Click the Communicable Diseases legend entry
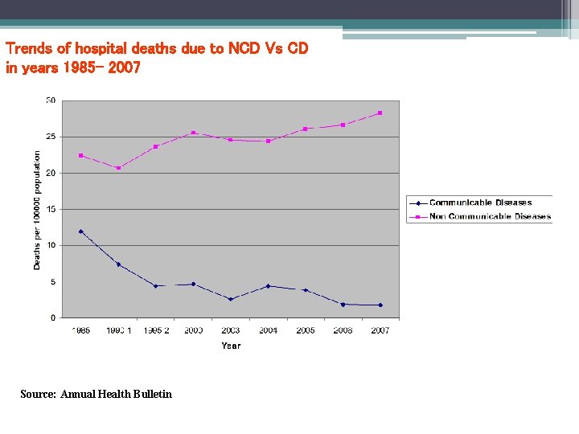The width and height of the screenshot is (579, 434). click(480, 203)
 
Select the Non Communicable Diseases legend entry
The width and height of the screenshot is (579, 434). click(490, 216)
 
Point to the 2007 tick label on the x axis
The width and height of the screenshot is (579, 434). click(380, 330)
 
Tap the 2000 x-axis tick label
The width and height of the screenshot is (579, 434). click(193, 330)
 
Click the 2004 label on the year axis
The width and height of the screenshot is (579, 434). click(268, 330)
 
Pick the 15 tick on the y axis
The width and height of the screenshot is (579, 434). click(51, 209)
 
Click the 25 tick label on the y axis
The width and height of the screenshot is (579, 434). click(51, 137)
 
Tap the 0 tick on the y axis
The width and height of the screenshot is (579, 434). click(53, 317)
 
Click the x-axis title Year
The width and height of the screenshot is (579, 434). click(231, 346)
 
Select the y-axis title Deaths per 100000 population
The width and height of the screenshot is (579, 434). click(37, 209)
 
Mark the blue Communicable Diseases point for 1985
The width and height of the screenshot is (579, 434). click(81, 231)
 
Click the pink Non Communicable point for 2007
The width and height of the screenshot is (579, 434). click(380, 113)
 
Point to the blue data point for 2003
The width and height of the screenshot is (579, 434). click(231, 299)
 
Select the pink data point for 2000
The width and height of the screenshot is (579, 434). click(193, 133)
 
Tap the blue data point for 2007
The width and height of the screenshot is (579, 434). click(380, 305)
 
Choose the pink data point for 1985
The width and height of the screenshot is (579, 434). click(81, 155)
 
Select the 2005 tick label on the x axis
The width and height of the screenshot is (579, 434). click(305, 330)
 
